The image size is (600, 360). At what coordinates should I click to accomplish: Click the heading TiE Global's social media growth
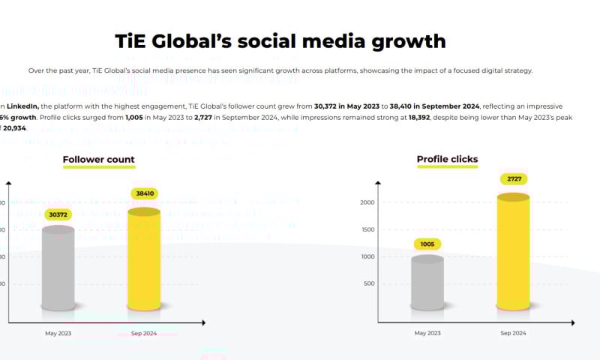point(280,40)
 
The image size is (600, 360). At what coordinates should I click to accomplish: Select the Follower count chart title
point(98,160)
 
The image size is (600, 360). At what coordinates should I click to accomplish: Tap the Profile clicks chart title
point(447,160)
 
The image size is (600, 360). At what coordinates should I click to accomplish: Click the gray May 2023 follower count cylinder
point(58,268)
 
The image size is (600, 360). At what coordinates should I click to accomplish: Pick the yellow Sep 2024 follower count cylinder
point(143,259)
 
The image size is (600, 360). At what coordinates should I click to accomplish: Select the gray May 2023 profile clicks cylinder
point(427,283)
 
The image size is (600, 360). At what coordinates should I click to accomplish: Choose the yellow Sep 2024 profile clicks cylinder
point(513,252)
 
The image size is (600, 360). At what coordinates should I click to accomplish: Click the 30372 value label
point(58,215)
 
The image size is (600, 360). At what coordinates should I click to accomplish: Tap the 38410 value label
point(144,193)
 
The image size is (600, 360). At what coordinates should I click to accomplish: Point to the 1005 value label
point(427,244)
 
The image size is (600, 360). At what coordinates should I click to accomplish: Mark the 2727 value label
point(513,178)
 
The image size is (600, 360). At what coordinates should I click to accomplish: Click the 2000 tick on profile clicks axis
point(367,202)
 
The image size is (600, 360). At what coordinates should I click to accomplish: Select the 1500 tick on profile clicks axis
point(367,229)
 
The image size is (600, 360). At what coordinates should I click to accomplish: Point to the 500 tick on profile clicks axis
point(369,283)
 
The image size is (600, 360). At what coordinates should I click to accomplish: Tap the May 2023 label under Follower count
point(58,333)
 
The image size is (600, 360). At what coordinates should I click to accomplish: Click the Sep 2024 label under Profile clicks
point(513,333)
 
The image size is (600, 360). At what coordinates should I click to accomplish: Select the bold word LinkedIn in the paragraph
point(23,107)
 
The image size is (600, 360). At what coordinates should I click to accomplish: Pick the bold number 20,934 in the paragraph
point(13,128)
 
